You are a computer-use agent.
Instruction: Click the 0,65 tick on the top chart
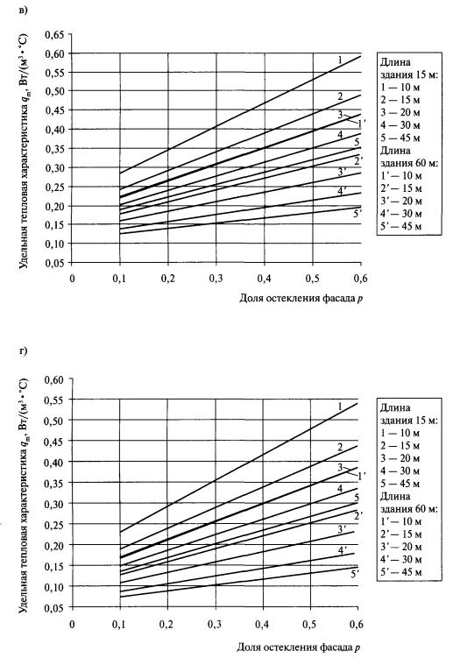[55, 34]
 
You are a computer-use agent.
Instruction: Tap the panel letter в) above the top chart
[24, 10]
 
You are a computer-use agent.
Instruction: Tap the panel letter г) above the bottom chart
[23, 350]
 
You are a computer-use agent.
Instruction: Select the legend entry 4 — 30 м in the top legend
[400, 125]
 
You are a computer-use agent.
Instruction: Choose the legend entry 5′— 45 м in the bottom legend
[400, 571]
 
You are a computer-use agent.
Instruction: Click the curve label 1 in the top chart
[340, 60]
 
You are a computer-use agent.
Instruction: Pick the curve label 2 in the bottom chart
[340, 448]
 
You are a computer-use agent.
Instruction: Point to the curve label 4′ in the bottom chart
[343, 549]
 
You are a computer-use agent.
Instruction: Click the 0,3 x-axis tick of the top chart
[216, 279]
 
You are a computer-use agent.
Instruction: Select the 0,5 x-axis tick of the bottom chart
[310, 624]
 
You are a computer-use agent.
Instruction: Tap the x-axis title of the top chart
[301, 299]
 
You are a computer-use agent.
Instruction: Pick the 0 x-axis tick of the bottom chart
[72, 624]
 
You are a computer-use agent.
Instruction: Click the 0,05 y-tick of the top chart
[55, 263]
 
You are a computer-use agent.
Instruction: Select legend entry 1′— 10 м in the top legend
[400, 176]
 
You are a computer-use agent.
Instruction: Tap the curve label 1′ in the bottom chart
[362, 475]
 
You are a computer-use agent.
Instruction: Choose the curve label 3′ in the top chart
[343, 172]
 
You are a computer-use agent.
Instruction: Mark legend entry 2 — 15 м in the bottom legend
[400, 446]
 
